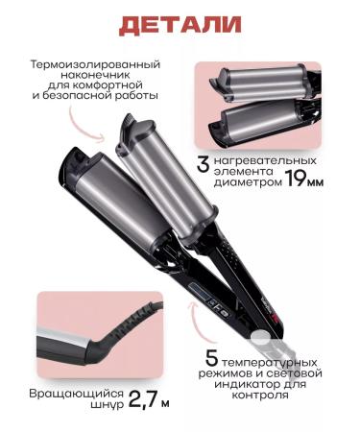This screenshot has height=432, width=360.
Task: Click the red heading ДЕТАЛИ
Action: [179, 24]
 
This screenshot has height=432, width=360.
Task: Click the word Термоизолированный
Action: [94, 64]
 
